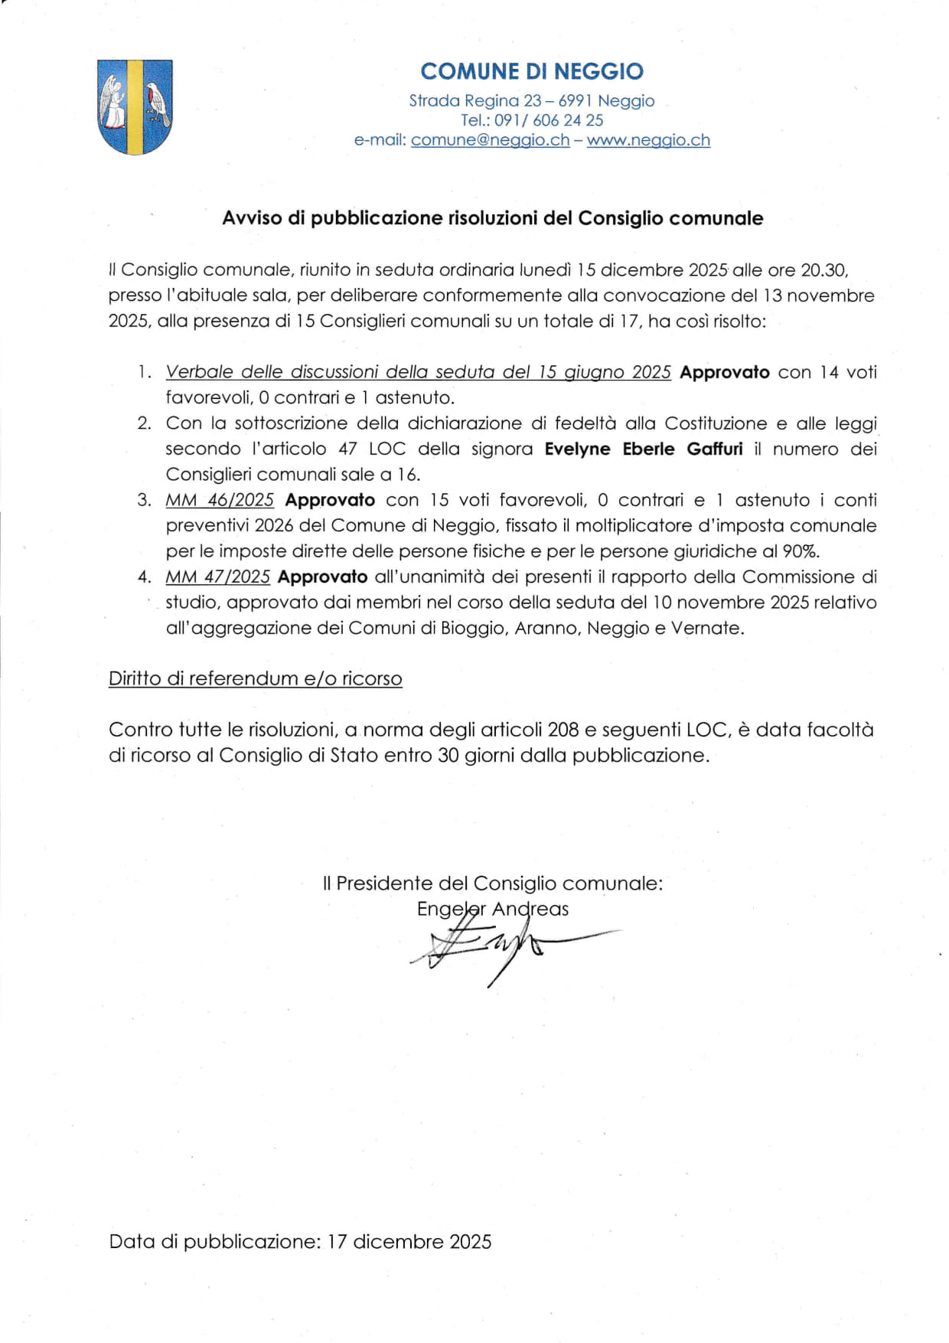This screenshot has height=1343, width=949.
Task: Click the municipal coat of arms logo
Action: (135, 106)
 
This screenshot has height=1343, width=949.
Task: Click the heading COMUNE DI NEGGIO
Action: (532, 71)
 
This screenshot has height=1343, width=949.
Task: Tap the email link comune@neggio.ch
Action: (490, 140)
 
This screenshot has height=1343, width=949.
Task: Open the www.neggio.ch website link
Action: (648, 140)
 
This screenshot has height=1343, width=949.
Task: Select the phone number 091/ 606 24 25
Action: (549, 120)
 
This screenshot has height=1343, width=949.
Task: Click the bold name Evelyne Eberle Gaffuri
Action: (644, 449)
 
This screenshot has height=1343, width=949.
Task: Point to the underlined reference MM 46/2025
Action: (220, 500)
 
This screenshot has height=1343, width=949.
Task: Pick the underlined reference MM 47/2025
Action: (218, 577)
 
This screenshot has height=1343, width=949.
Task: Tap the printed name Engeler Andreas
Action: (493, 909)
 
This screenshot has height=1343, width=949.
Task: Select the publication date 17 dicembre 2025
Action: (409, 1241)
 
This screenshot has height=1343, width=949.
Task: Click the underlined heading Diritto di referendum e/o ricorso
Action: (255, 678)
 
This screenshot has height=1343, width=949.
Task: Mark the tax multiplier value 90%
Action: (801, 551)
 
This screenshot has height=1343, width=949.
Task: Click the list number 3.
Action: (144, 500)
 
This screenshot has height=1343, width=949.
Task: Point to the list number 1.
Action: (144, 372)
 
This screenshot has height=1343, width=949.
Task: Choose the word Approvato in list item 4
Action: (322, 577)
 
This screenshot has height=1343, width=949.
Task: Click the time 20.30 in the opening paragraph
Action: (823, 270)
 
